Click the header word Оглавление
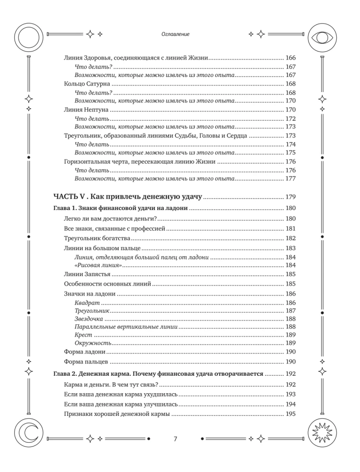[175, 34]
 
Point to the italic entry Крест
[84, 334]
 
